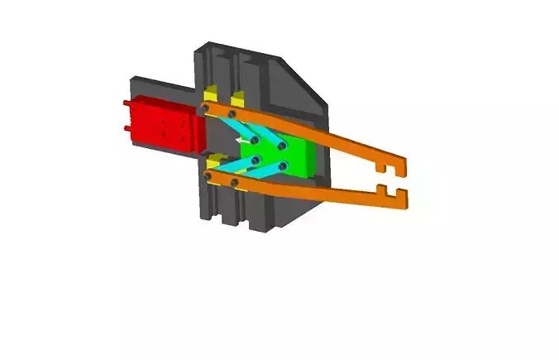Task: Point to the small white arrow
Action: [242, 142]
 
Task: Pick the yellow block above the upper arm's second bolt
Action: [237, 94]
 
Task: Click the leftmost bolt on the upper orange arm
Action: [204, 108]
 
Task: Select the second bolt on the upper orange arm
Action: [232, 113]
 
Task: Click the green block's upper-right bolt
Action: [283, 146]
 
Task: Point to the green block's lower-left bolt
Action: [256, 159]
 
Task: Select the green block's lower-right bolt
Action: [283, 166]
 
